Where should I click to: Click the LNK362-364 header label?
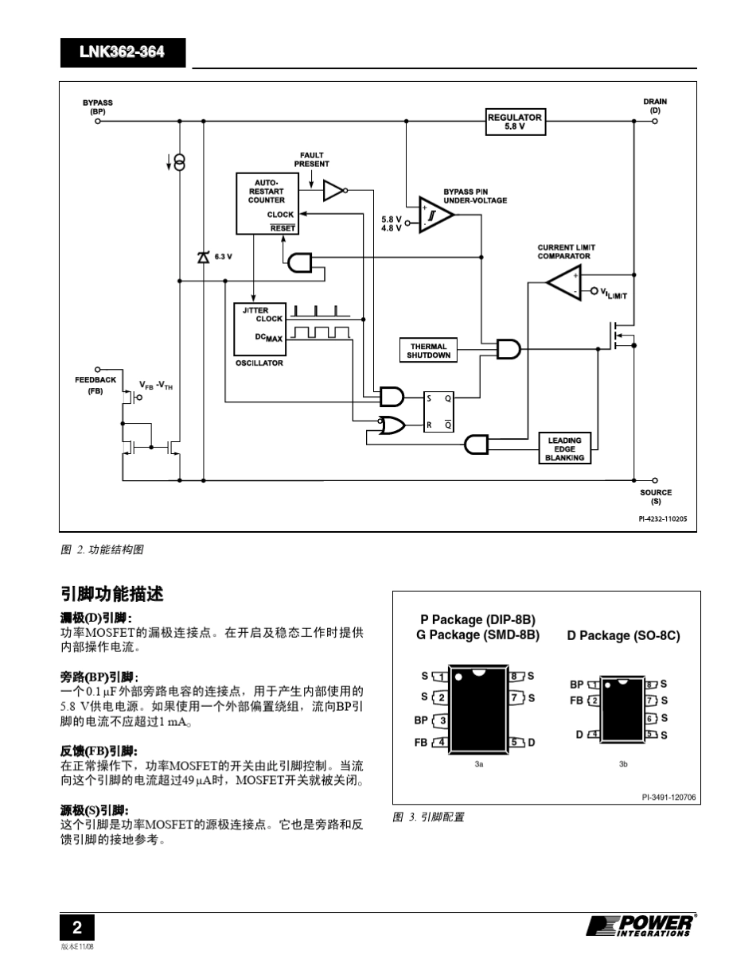click(x=122, y=52)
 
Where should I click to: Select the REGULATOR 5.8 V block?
click(x=515, y=122)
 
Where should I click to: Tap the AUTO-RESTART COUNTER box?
click(x=267, y=204)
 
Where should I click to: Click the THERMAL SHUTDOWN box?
click(x=429, y=351)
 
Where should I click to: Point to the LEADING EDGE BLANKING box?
click(x=564, y=448)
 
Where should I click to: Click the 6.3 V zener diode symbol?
click(x=204, y=256)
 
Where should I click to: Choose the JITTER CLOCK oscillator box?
click(x=259, y=328)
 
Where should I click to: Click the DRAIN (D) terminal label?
click(x=655, y=106)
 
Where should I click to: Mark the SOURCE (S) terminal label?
click(x=656, y=497)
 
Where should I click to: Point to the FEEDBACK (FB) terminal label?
click(x=95, y=385)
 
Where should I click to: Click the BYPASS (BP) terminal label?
click(x=98, y=107)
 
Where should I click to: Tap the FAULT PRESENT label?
click(x=311, y=160)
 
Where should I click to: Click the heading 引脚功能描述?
click(x=112, y=594)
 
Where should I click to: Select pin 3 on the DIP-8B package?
click(x=440, y=720)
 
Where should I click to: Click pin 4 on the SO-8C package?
click(x=594, y=735)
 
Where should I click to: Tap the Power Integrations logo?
click(x=641, y=926)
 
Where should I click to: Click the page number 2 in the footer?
click(x=77, y=927)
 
